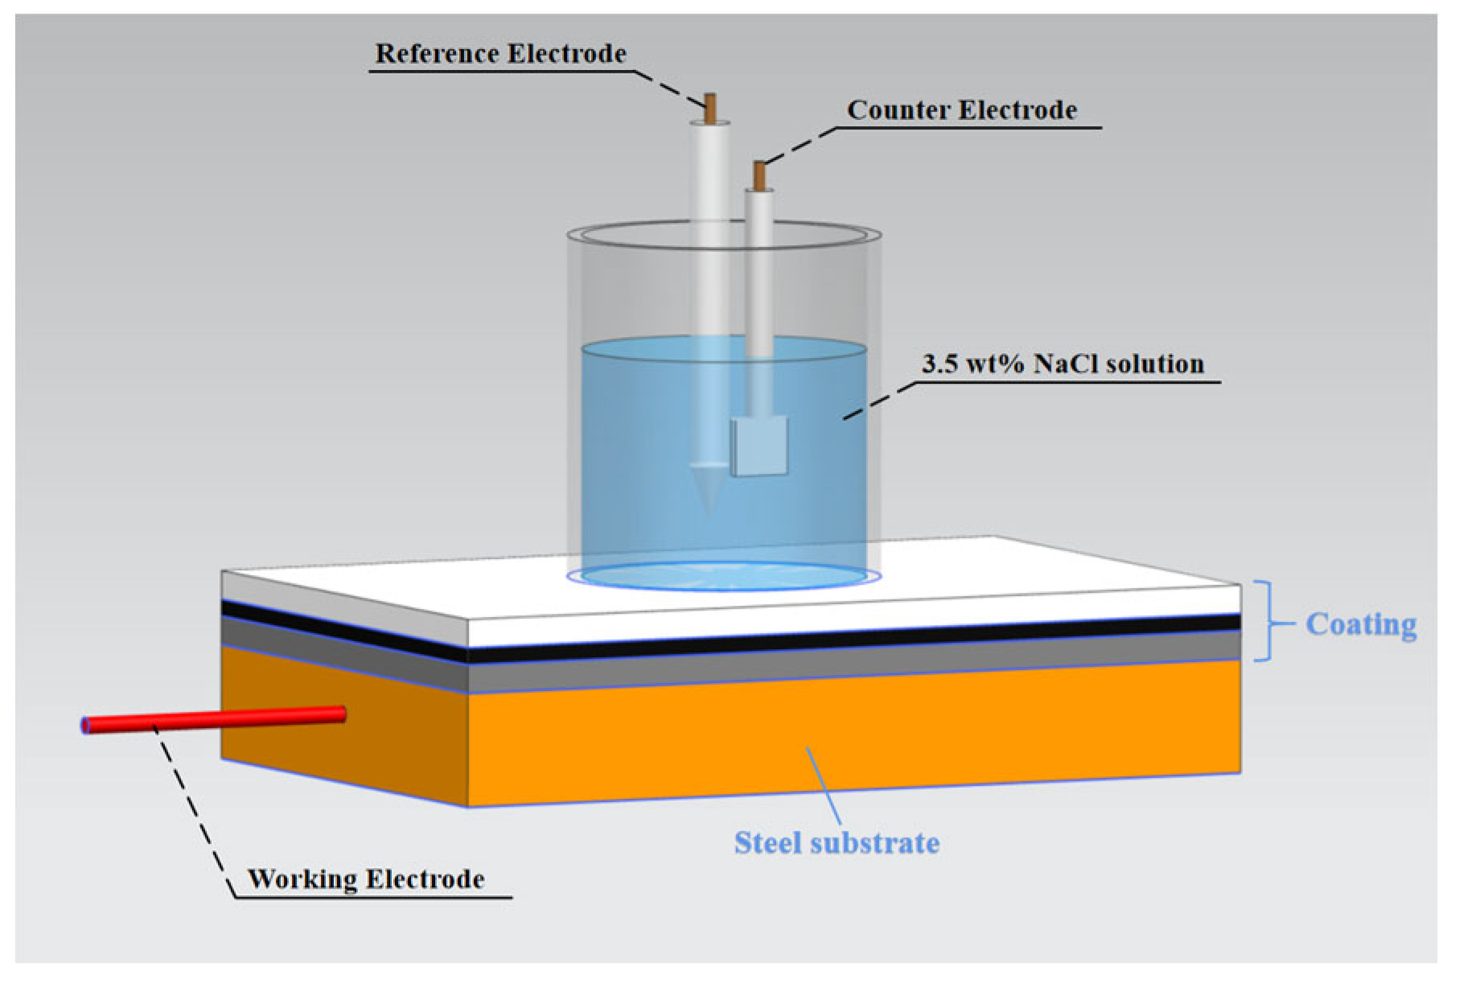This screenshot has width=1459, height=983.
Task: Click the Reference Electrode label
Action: point(500,54)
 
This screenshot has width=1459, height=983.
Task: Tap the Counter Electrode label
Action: point(961,110)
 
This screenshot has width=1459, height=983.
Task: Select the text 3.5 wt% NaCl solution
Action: point(1062,364)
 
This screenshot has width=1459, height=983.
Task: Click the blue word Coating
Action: point(1360,625)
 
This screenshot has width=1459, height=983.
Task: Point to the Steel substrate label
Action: point(836,843)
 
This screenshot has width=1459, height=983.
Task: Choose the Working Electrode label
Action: point(366,879)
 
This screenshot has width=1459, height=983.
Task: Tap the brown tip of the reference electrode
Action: point(710,109)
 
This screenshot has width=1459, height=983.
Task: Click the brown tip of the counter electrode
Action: point(759,175)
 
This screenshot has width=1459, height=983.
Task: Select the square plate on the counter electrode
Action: point(758,446)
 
